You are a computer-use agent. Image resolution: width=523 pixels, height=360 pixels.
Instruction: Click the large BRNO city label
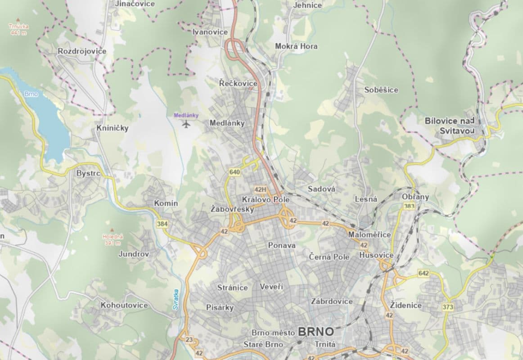tap(316, 332)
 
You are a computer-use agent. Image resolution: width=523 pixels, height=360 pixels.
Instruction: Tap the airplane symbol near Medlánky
tap(186, 124)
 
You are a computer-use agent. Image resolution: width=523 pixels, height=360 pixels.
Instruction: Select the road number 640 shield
tap(234, 172)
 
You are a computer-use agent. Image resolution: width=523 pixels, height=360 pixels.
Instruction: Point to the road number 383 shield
tap(409, 206)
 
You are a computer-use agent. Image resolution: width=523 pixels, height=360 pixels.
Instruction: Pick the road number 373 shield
tap(447, 307)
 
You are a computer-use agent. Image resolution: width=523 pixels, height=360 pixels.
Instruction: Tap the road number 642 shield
tap(423, 273)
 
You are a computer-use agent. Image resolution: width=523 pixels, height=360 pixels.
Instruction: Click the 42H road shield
tap(260, 189)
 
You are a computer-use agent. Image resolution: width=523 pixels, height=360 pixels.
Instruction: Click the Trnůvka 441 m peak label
tap(18, 29)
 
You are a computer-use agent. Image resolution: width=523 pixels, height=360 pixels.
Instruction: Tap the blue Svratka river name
tap(176, 299)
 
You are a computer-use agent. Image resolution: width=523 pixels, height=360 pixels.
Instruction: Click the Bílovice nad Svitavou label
tap(450, 125)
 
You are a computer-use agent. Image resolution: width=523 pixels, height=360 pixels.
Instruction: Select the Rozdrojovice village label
tap(82, 51)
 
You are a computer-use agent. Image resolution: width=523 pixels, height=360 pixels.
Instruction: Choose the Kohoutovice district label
tap(124, 305)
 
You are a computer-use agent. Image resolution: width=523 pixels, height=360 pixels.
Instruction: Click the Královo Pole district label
tap(265, 199)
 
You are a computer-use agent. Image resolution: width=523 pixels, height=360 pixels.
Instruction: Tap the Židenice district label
tap(406, 305)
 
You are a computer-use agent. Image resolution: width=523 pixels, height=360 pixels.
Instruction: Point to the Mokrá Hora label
tap(296, 46)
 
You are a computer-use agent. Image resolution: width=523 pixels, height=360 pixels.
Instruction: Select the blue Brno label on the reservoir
tap(32, 94)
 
